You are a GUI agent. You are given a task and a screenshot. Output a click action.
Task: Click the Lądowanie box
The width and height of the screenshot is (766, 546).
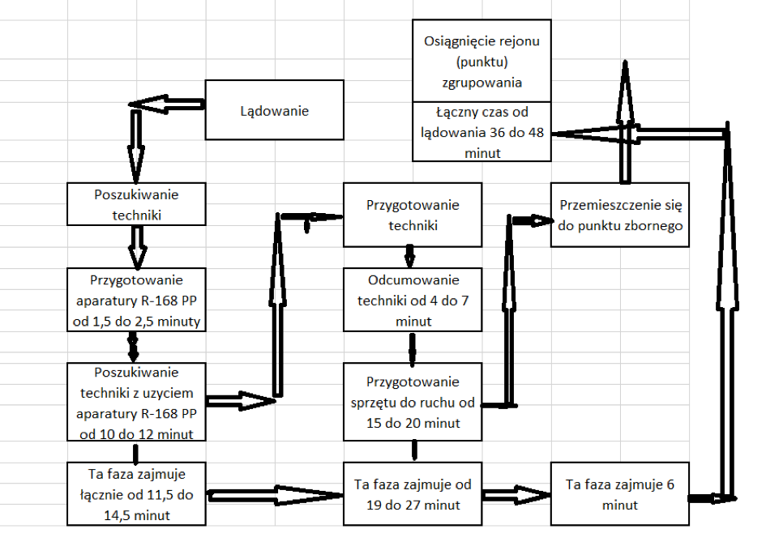[274, 110]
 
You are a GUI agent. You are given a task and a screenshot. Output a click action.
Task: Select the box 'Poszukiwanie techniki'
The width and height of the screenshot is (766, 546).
[136, 203]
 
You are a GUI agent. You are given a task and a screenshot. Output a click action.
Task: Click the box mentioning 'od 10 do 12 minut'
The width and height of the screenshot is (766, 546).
[136, 403]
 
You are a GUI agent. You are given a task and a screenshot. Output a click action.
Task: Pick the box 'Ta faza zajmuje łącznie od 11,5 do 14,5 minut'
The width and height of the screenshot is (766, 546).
[136, 493]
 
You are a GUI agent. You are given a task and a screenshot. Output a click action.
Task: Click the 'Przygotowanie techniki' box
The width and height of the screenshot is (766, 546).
[413, 215]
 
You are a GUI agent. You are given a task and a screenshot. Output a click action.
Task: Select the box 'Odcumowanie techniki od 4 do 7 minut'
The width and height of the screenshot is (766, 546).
[413, 301]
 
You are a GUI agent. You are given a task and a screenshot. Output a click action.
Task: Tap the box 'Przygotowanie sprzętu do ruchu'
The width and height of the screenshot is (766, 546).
[413, 402]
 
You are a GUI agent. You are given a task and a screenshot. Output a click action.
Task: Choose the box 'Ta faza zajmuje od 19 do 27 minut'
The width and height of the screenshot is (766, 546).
[413, 494]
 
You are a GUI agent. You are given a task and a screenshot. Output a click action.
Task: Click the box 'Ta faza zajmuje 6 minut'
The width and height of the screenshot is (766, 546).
[619, 493]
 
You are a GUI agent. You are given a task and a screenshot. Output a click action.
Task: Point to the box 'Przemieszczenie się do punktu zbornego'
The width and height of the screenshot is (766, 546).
[620, 215]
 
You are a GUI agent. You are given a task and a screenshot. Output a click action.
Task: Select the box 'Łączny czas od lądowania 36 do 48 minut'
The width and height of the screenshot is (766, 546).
[481, 131]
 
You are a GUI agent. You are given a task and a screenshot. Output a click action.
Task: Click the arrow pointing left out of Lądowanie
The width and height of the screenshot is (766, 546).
[167, 105]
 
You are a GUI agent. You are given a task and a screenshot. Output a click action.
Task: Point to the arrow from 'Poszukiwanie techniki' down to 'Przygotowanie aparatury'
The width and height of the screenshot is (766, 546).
[136, 246]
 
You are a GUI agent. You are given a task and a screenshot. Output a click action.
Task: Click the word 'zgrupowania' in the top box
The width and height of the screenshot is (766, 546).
[481, 83]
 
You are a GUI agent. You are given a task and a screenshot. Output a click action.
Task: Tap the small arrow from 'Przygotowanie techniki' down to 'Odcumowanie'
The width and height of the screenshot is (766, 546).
[410, 258]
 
